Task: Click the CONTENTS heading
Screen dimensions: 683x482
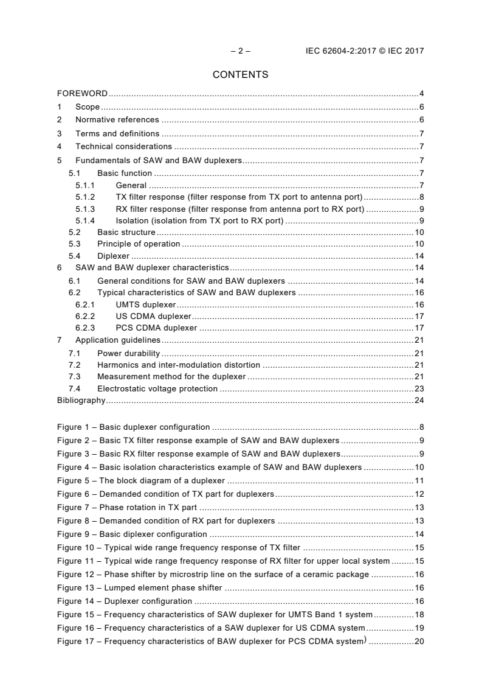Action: pyautogui.click(x=240, y=75)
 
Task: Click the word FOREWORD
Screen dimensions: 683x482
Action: pyautogui.click(x=82, y=94)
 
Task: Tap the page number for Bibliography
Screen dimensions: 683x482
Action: pyautogui.click(x=419, y=400)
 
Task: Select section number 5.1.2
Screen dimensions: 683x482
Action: pyautogui.click(x=85, y=197)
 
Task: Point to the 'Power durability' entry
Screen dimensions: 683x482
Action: pyautogui.click(x=128, y=353)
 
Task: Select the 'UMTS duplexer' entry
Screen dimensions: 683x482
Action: pyautogui.click(x=146, y=304)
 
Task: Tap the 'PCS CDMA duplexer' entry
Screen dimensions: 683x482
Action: pyautogui.click(x=156, y=327)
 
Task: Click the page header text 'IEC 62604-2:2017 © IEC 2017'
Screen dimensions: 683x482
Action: pyautogui.click(x=364, y=51)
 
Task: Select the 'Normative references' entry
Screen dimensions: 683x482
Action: pyautogui.click(x=117, y=120)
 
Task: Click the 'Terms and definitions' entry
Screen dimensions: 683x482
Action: pyautogui.click(x=117, y=133)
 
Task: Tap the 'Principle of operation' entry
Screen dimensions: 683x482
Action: pyautogui.click(x=139, y=244)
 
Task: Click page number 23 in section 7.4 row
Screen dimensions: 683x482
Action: pyautogui.click(x=419, y=388)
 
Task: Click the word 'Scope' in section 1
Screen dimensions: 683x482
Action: pyautogui.click(x=88, y=107)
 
